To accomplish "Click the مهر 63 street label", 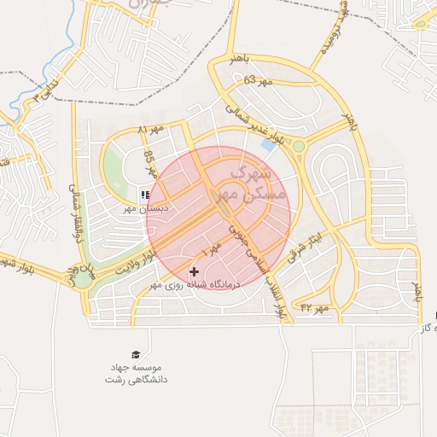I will tap(256, 80).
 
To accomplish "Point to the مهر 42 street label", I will tap(314, 306).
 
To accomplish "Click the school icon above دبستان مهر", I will tap(144, 195).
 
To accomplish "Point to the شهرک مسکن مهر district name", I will tap(252, 184).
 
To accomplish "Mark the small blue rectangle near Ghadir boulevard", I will tap(268, 146).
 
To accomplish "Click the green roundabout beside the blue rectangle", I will tap(299, 147).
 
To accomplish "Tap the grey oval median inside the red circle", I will tap(226, 195).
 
